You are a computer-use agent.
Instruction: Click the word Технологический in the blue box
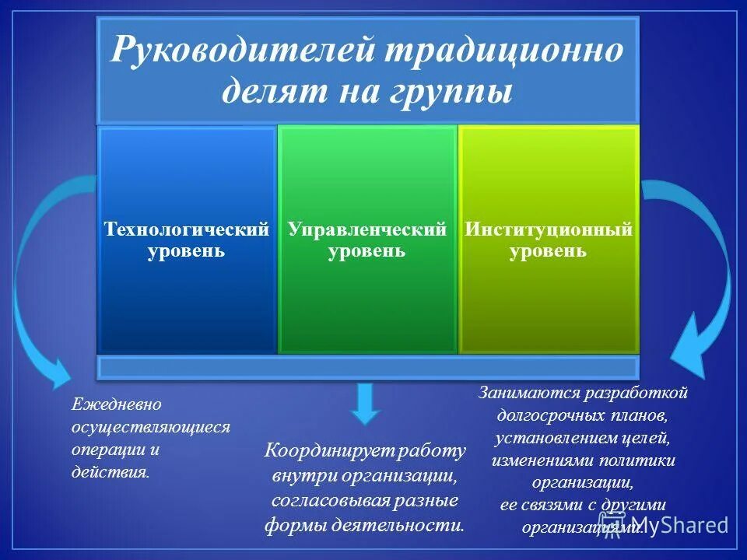click(x=187, y=230)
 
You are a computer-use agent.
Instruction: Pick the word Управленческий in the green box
click(x=367, y=230)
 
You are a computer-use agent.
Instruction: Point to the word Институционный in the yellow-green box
click(x=549, y=230)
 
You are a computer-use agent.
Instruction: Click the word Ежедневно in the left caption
click(x=116, y=404)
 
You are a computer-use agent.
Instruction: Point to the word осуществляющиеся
click(x=151, y=427)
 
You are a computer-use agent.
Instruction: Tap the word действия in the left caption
click(x=110, y=473)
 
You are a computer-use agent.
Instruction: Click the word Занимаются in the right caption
click(x=524, y=392)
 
